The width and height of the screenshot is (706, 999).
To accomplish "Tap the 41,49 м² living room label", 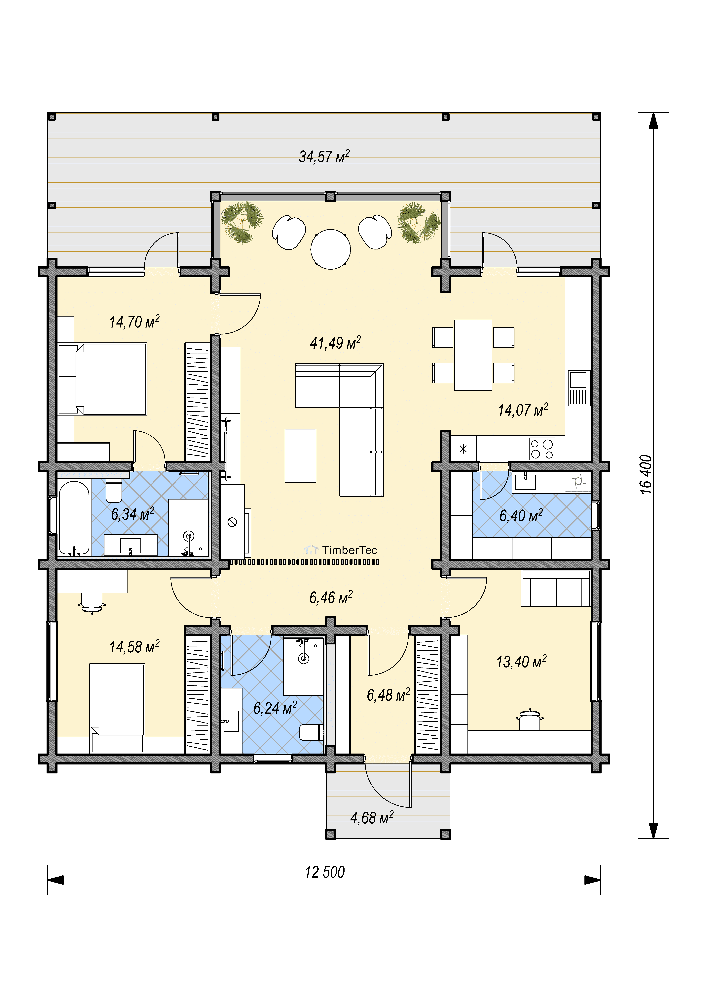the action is [x=335, y=343].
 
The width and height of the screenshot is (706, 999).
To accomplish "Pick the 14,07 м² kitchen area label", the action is [x=523, y=410].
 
